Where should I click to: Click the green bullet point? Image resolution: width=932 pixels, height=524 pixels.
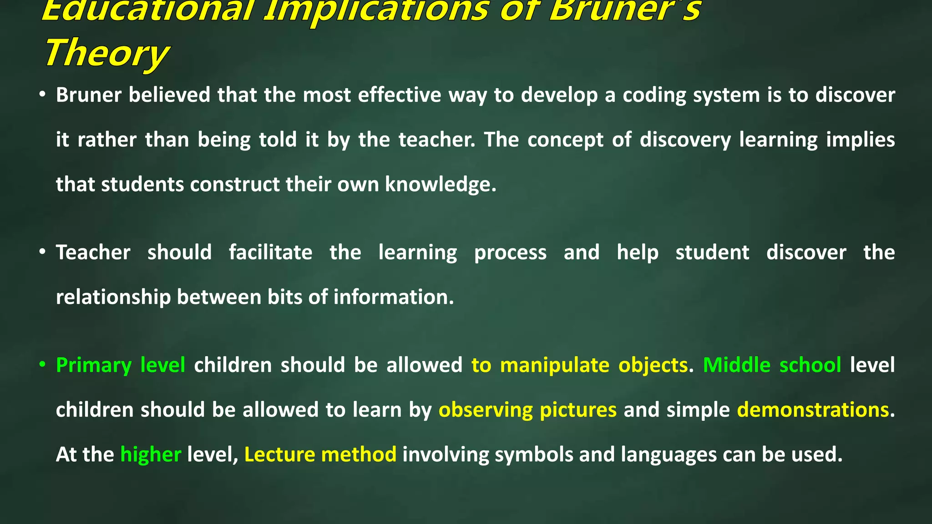click(x=42, y=364)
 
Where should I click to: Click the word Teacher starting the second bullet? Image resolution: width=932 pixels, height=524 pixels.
click(x=93, y=252)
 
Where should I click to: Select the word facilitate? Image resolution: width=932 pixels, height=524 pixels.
click(x=270, y=252)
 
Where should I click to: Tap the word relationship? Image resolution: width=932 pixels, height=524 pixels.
click(x=113, y=297)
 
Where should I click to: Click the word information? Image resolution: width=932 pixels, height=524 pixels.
click(x=394, y=297)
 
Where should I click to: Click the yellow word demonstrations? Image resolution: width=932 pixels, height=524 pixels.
click(x=813, y=410)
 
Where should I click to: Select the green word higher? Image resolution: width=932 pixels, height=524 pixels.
click(x=151, y=454)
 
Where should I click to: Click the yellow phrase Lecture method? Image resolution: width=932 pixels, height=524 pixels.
click(x=320, y=454)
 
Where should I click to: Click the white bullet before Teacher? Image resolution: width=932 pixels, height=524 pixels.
click(x=42, y=252)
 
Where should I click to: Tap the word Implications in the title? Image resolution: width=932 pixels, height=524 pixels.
click(x=376, y=10)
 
